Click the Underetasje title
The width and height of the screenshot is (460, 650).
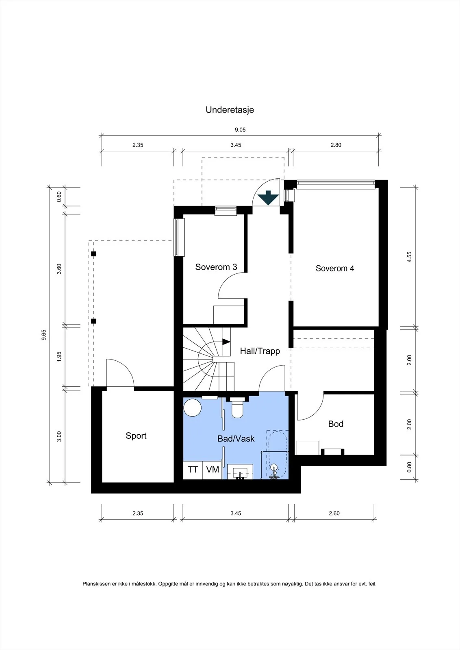coord(230,110)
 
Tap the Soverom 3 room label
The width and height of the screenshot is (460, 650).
coord(216,267)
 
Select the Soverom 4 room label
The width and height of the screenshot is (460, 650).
coord(334,269)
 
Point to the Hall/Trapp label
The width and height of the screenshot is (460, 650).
coord(260,351)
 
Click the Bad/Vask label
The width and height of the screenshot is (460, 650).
coord(236,439)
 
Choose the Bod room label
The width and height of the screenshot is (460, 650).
coord(336,424)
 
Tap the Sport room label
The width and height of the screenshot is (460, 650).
coord(136,436)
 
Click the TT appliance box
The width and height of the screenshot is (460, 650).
coord(193,470)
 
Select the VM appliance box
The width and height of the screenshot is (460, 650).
coord(212,470)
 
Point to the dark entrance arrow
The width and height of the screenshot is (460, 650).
coord(268,198)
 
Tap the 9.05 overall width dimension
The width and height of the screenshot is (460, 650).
coord(240,130)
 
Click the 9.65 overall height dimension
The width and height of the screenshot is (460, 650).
coord(43,335)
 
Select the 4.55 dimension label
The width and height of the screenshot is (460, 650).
coord(409,257)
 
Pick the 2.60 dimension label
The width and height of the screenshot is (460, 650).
coord(334,513)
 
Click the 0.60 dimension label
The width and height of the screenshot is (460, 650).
coord(59,197)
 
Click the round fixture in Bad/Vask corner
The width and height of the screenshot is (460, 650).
coord(193,408)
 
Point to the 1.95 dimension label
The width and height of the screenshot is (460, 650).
coord(59,357)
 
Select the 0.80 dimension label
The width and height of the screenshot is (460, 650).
coord(409,467)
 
